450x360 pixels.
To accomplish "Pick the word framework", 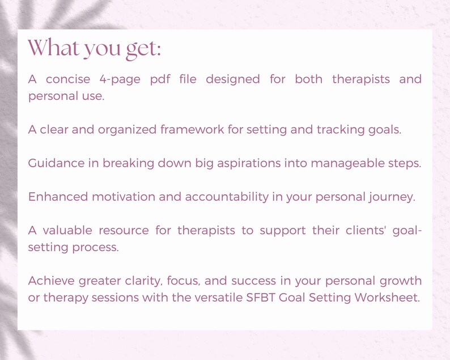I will (192, 129).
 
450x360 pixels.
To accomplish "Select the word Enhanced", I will (58, 197).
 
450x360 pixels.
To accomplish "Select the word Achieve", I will (52, 281).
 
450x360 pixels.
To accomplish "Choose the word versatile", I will (222, 297).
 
